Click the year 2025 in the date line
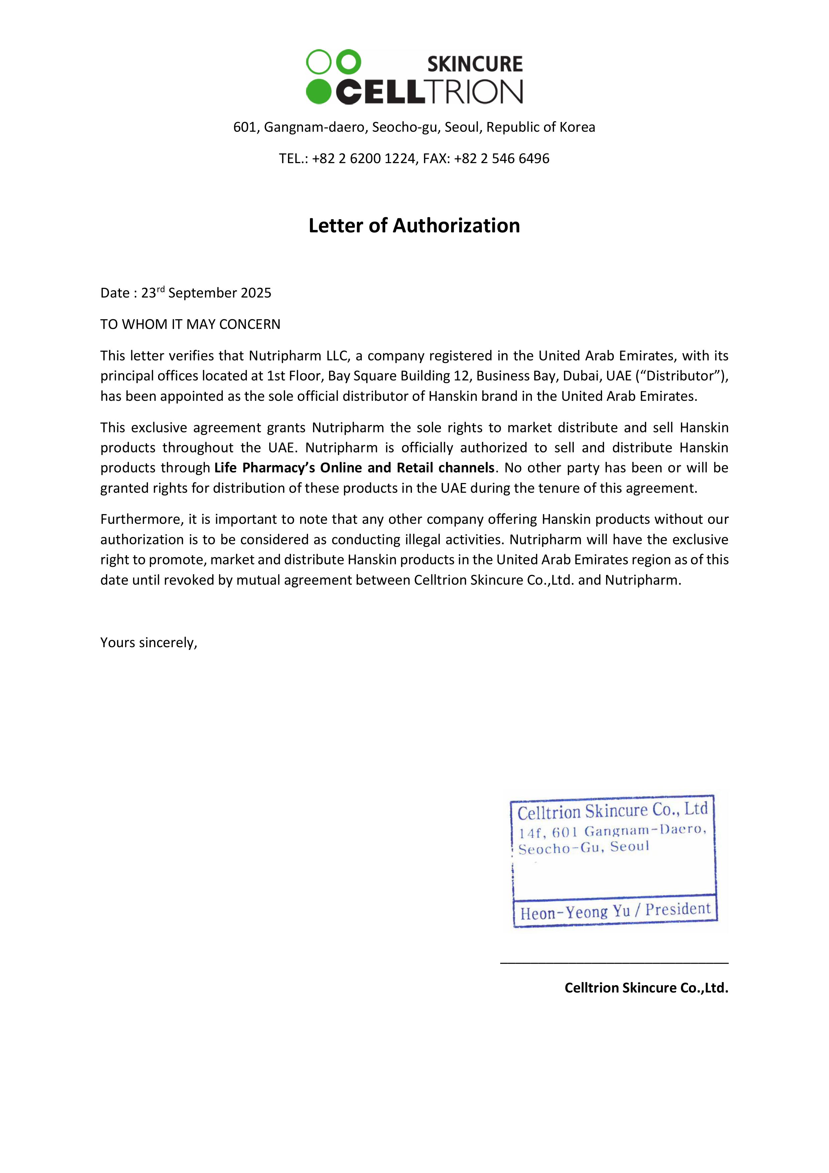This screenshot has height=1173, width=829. click(255, 293)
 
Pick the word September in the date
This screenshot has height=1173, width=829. click(202, 293)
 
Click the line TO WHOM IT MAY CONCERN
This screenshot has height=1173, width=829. click(190, 324)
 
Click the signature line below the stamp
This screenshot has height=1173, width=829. click(614, 963)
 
